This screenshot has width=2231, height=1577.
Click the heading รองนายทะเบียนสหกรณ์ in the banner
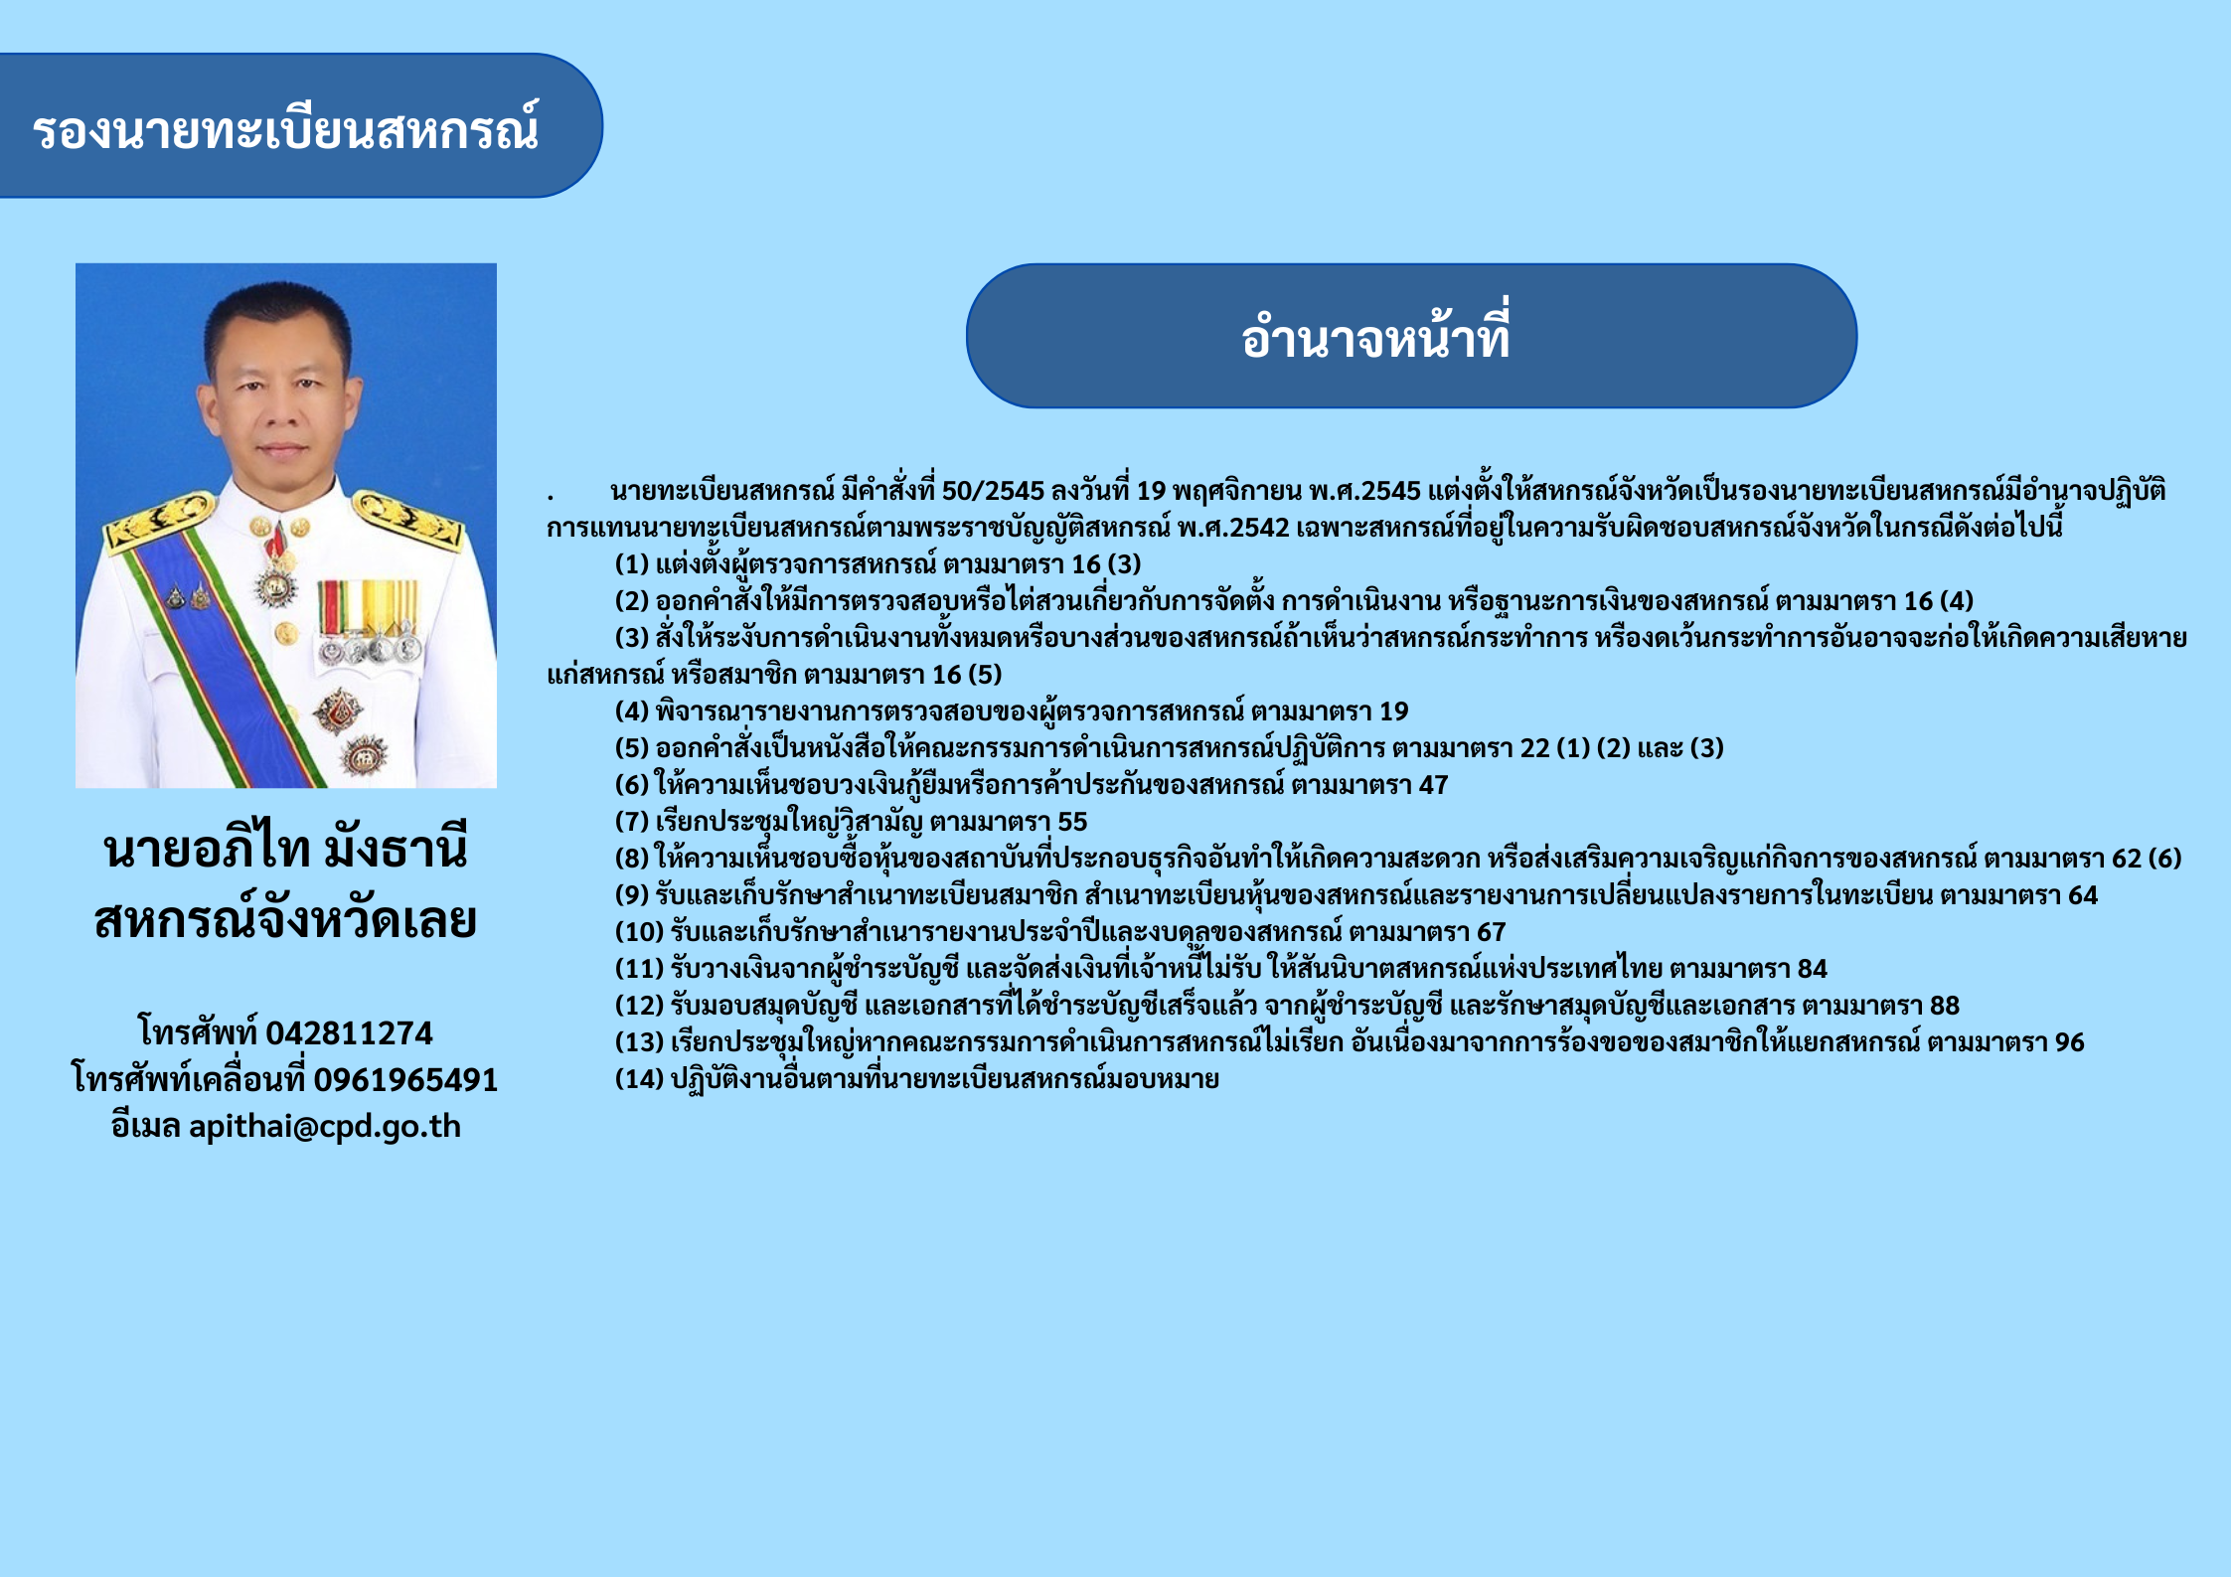click(x=286, y=129)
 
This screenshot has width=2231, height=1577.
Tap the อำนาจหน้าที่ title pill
click(x=1411, y=336)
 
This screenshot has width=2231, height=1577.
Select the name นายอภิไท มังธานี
click(x=286, y=848)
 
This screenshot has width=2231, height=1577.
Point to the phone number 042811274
click(x=349, y=1033)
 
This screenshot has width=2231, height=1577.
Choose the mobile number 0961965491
click(x=405, y=1079)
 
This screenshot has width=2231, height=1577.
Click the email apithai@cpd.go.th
click(x=325, y=1126)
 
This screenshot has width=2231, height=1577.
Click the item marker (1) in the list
click(x=632, y=564)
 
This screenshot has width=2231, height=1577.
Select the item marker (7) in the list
click(x=632, y=822)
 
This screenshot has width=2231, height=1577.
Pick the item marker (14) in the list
click(x=639, y=1079)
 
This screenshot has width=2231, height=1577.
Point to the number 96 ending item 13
click(x=2069, y=1042)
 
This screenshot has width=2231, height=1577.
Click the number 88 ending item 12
click(x=1945, y=1006)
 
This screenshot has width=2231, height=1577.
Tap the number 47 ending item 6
click(x=1433, y=785)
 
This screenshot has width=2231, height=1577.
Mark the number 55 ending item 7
click(x=1072, y=822)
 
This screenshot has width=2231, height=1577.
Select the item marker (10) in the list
click(x=639, y=932)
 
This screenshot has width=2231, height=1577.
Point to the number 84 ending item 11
click(x=1813, y=969)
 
